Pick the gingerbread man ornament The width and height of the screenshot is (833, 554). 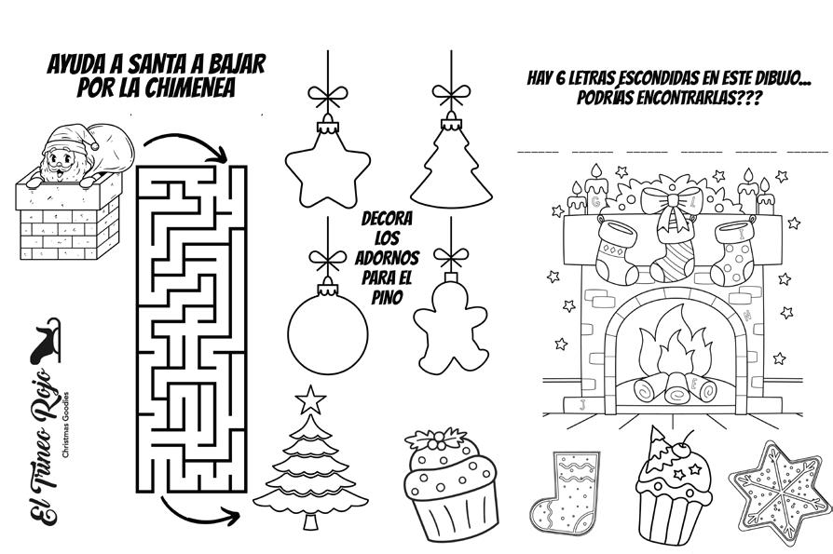pos(451,326)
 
